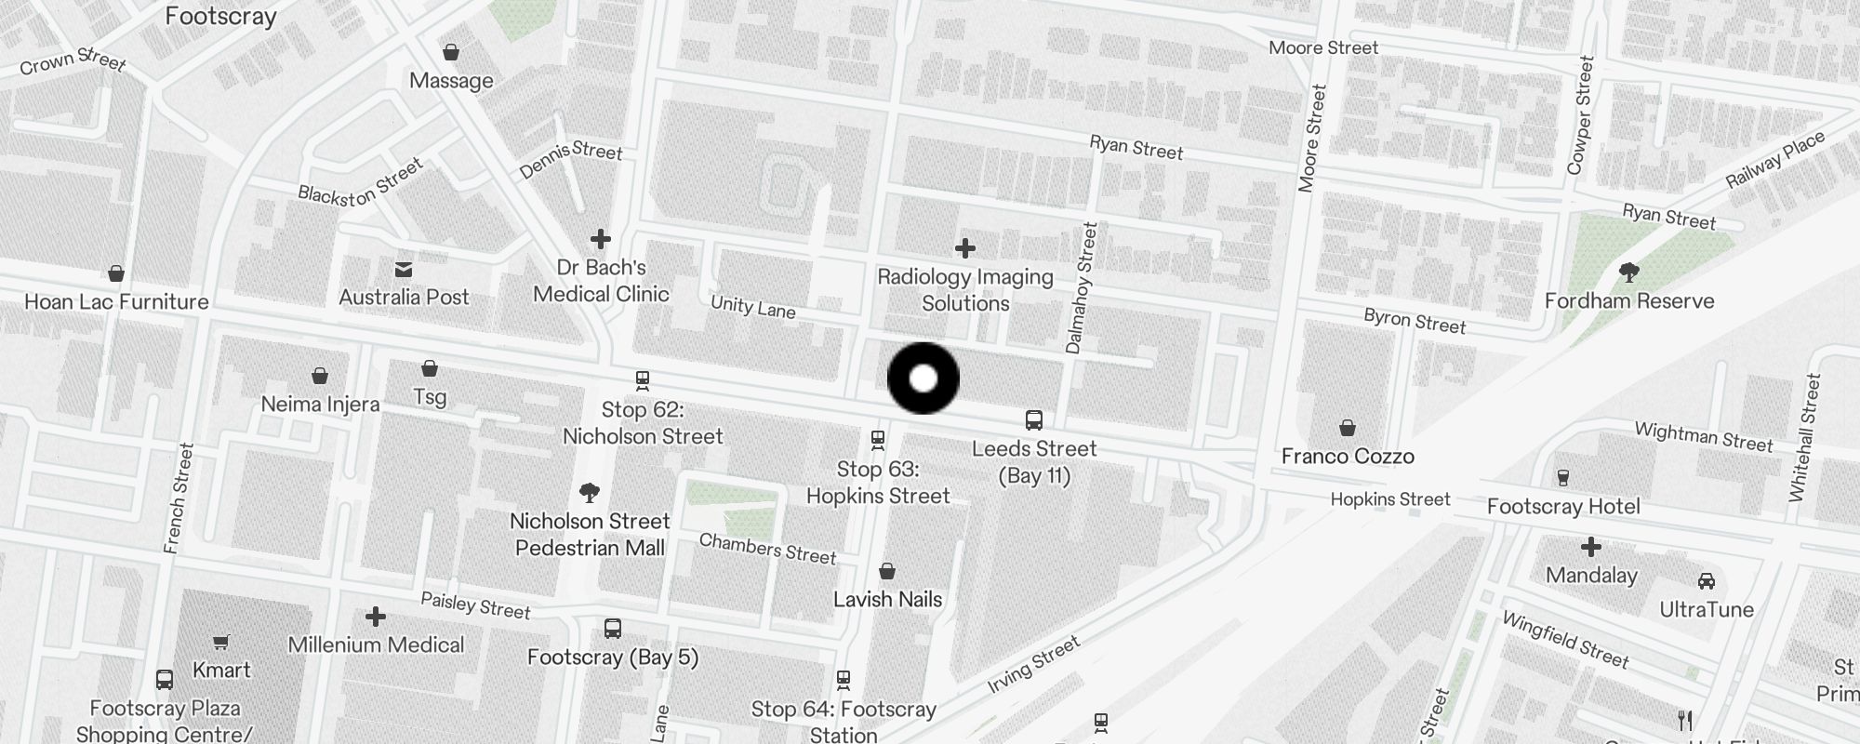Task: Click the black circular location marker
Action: pyautogui.click(x=923, y=379)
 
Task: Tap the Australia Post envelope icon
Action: pyautogui.click(x=404, y=270)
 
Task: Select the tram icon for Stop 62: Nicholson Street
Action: pyautogui.click(x=642, y=380)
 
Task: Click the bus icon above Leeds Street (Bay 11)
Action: pyautogui.click(x=1034, y=420)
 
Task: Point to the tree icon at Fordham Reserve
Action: pyautogui.click(x=1628, y=272)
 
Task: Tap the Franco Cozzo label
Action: pyautogui.click(x=1348, y=456)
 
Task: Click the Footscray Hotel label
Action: pyautogui.click(x=1563, y=506)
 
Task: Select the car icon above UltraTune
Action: pyautogui.click(x=1707, y=581)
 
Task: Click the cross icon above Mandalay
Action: pyautogui.click(x=1591, y=547)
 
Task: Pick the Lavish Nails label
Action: pyautogui.click(x=887, y=599)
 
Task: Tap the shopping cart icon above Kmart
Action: pyautogui.click(x=221, y=642)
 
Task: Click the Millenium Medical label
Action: pyautogui.click(x=376, y=644)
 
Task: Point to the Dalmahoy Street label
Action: pyautogui.click(x=1083, y=287)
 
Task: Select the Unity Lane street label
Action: pyautogui.click(x=752, y=307)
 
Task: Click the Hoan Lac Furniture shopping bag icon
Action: pyautogui.click(x=116, y=273)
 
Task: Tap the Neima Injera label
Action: pyautogui.click(x=320, y=404)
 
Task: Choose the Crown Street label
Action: pyautogui.click(x=73, y=61)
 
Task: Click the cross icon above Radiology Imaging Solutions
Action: pyautogui.click(x=965, y=248)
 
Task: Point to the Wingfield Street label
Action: pyautogui.click(x=1565, y=640)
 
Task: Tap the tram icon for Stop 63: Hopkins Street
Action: pyautogui.click(x=877, y=439)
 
